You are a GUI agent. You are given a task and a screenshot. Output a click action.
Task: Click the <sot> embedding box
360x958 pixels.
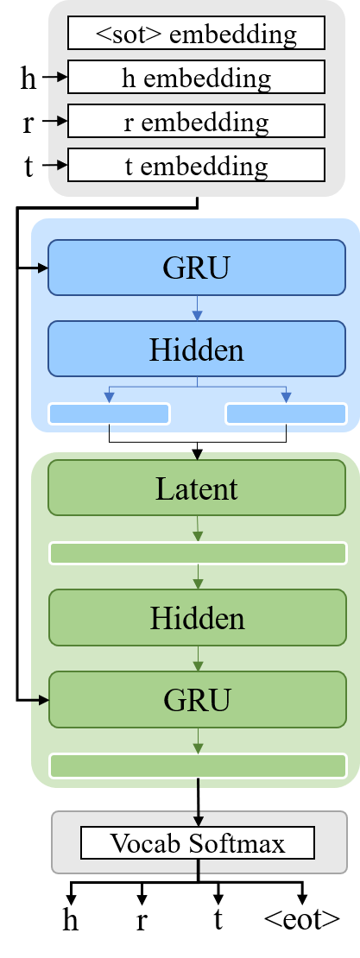196,34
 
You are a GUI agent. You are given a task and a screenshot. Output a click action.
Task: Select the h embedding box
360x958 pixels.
196,78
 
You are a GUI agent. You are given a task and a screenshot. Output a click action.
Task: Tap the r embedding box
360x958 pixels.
196,122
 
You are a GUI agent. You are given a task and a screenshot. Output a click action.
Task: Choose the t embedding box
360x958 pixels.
196,165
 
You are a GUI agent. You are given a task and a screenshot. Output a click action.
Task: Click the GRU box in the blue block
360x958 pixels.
196,268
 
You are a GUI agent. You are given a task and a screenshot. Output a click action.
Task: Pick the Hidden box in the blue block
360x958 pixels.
196,349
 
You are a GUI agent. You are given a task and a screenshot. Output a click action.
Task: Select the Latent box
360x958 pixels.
197,489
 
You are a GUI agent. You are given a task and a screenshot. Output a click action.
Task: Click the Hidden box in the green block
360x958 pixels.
197,618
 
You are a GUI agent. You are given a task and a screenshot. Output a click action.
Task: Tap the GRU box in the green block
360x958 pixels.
197,699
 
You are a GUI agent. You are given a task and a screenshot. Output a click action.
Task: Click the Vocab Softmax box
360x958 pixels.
197,842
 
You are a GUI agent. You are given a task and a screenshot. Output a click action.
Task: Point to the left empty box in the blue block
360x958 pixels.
109,414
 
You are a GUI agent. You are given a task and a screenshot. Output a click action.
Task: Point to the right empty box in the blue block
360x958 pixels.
286,414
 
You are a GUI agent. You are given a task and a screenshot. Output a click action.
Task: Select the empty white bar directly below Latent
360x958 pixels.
197,553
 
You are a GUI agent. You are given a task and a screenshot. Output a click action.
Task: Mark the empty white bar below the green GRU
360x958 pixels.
197,766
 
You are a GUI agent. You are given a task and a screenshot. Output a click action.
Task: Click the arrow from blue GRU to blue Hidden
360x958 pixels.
197,308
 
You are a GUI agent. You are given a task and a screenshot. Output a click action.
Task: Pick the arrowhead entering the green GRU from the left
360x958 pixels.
44,700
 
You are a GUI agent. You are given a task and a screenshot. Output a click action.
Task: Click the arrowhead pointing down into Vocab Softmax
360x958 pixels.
198,819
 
